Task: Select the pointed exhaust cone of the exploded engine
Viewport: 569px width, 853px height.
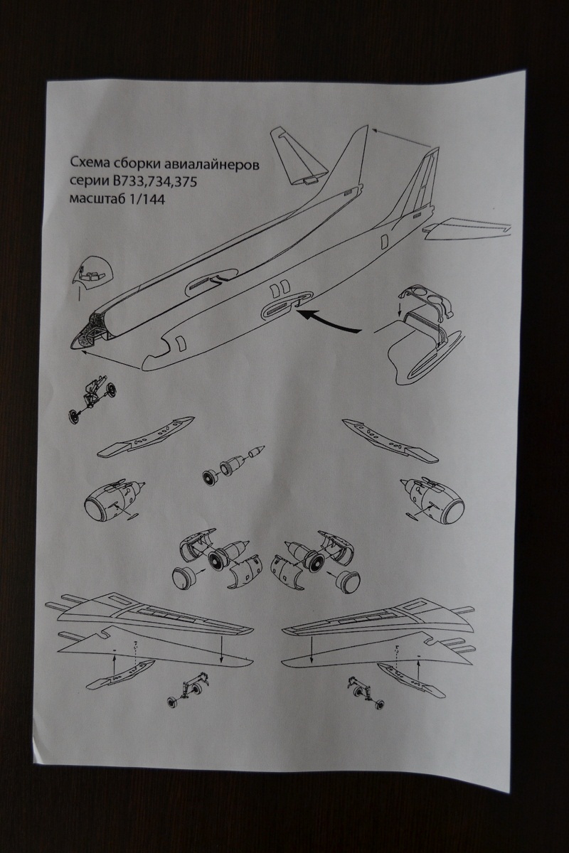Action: pos(257,452)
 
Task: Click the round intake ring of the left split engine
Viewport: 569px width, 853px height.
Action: pos(186,576)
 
